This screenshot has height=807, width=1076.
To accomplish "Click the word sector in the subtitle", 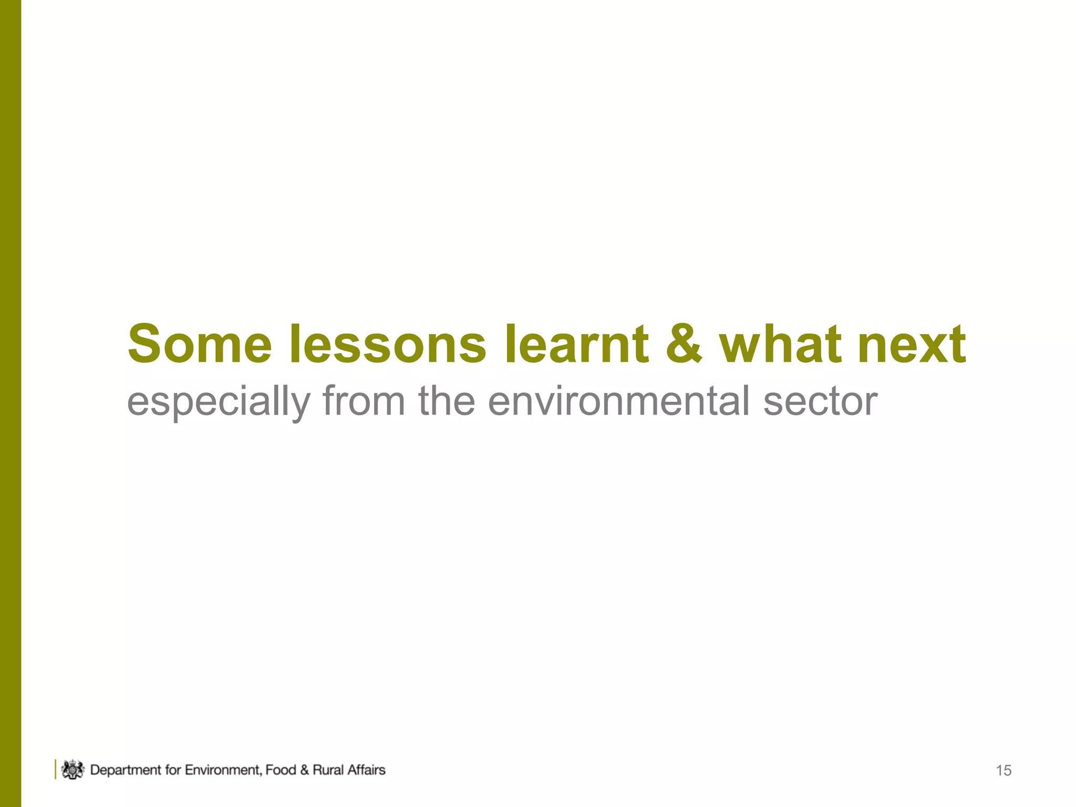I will point(820,401).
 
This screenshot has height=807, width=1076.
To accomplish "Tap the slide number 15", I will point(1003,771).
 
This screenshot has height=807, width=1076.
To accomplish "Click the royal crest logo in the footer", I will point(73,770).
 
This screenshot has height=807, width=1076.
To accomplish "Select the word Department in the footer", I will point(126,770).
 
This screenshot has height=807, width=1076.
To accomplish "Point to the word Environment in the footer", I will point(224,770).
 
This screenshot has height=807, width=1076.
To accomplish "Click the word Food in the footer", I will point(281,770).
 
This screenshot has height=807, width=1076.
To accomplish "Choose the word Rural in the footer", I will point(328,770).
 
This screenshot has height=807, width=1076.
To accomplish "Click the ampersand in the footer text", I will point(305,770).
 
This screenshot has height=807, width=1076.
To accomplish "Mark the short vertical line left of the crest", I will point(55,769).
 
